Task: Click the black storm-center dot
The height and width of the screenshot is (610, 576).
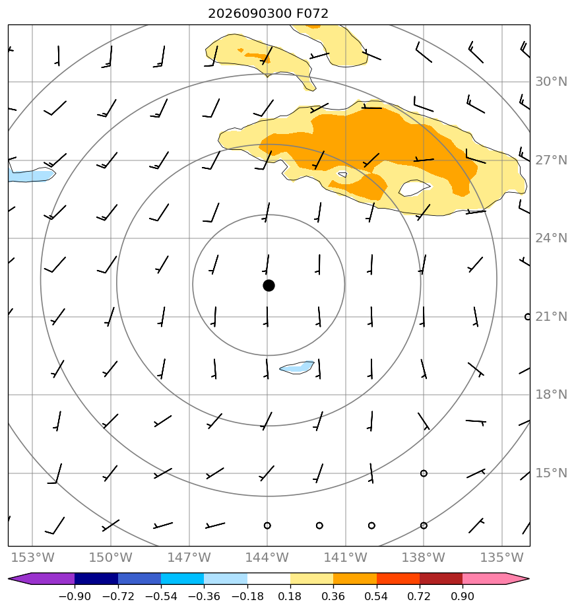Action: (269, 286)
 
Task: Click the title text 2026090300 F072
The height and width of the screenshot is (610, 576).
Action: (268, 14)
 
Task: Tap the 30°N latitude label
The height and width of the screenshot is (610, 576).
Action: (551, 82)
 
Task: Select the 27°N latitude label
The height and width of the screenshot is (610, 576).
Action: (551, 160)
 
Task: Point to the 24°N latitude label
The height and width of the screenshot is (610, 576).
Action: (551, 238)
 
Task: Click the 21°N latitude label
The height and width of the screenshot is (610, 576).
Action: (551, 317)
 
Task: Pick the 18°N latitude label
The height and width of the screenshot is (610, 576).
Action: (551, 395)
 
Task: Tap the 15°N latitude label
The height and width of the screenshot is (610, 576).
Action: (551, 473)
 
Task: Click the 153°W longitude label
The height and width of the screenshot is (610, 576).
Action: (33, 557)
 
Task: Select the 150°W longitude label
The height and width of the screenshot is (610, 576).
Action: (111, 557)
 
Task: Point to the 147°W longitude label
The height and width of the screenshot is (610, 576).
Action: (189, 557)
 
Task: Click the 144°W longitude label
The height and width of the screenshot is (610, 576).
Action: (267, 557)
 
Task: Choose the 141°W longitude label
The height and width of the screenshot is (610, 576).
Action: (345, 557)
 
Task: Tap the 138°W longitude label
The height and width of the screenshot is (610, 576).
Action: (424, 557)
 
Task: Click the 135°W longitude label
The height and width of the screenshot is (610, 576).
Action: (502, 557)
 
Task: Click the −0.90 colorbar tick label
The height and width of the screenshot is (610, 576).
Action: (75, 596)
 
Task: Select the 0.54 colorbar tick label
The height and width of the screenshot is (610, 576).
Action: (377, 596)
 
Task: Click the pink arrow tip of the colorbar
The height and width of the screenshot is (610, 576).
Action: (529, 579)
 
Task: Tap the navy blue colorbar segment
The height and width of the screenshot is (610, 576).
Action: (96, 579)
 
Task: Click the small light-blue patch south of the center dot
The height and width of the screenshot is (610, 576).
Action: (297, 367)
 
